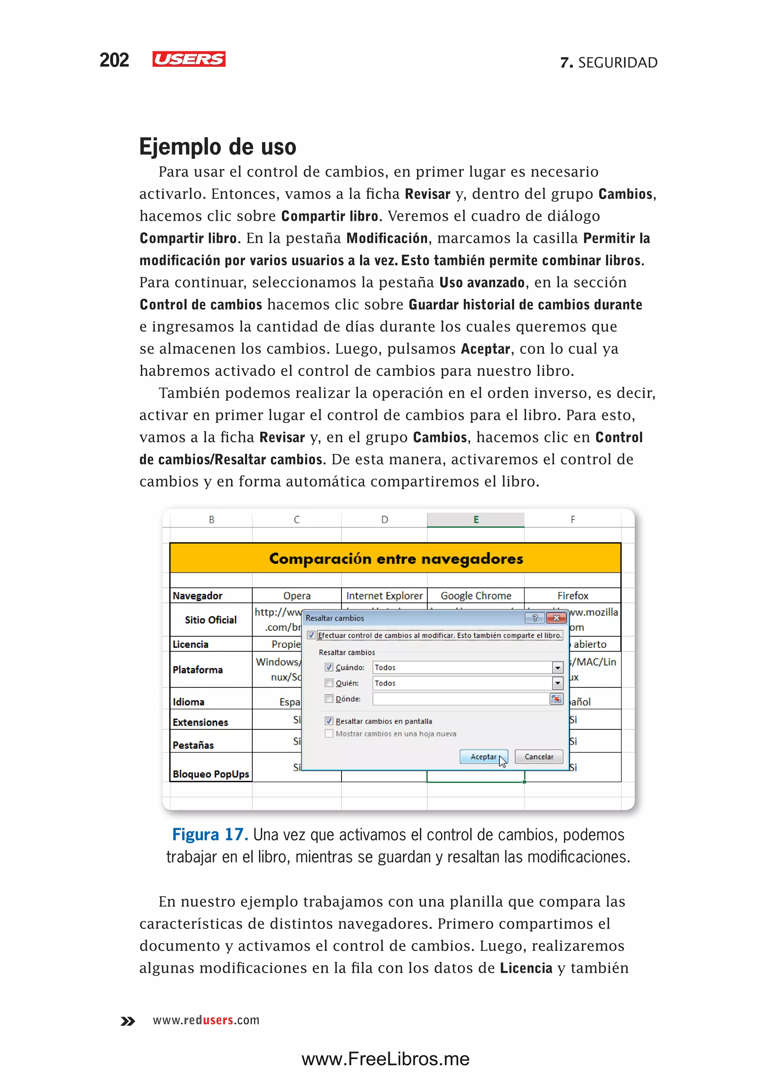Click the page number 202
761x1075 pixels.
pyautogui.click(x=114, y=60)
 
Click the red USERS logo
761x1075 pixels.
pyautogui.click(x=188, y=59)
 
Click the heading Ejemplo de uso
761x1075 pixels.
pyautogui.click(x=217, y=147)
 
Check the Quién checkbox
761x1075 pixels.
pyautogui.click(x=329, y=683)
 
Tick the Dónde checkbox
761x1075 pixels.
pyautogui.click(x=329, y=698)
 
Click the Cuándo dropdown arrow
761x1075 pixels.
pyautogui.click(x=557, y=667)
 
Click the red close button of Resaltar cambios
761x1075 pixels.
pyautogui.click(x=556, y=618)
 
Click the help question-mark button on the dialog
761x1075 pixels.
pyautogui.click(x=535, y=618)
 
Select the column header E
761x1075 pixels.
pyautogui.click(x=476, y=519)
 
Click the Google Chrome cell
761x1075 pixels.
pyautogui.click(x=476, y=595)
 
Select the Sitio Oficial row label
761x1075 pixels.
pyautogui.click(x=210, y=620)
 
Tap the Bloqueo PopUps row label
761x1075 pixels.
pyautogui.click(x=210, y=774)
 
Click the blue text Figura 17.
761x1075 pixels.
pyautogui.click(x=210, y=835)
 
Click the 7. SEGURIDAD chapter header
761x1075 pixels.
pyautogui.click(x=609, y=62)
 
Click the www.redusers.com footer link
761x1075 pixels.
pyautogui.click(x=206, y=1020)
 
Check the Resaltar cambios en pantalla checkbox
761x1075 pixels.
pyautogui.click(x=329, y=721)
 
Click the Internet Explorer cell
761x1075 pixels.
pyautogui.click(x=384, y=595)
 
